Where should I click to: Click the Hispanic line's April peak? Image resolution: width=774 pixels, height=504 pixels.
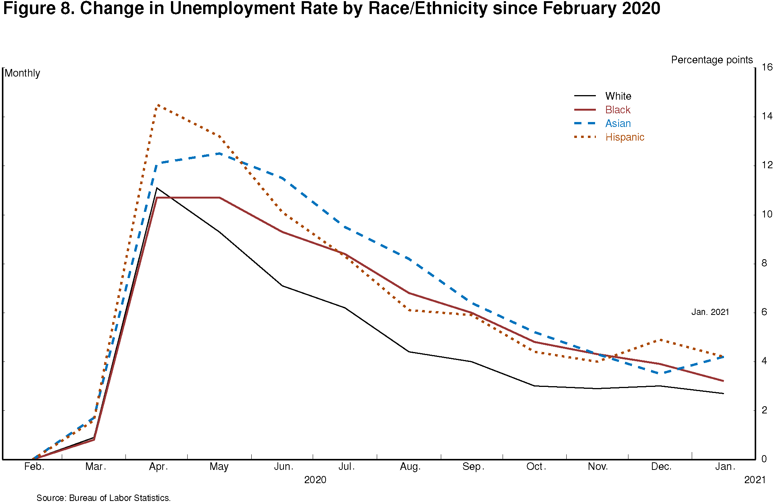pos(157,105)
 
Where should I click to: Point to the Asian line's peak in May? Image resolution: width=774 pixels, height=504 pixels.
pos(220,153)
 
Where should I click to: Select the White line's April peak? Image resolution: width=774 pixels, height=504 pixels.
pos(157,188)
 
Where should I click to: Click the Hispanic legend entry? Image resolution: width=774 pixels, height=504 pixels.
pos(624,137)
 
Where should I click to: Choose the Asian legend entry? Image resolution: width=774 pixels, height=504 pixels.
pos(618,124)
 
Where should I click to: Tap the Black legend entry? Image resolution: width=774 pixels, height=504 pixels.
pos(617,110)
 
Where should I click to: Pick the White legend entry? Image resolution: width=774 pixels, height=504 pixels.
pos(618,96)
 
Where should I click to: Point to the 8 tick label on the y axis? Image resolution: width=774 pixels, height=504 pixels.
pos(764,263)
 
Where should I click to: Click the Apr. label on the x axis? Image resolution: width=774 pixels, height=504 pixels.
pos(158,466)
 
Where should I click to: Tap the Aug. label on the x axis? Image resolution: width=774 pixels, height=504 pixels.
pos(410,466)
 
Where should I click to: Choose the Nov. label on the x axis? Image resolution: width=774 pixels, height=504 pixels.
pos(598,466)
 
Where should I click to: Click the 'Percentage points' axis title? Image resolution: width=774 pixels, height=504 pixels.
pos(711,60)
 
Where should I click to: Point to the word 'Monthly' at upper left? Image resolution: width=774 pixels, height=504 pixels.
pos(22,73)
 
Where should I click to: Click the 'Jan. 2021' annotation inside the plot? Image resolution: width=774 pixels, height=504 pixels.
pos(710,312)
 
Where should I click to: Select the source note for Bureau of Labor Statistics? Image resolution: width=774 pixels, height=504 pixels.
pos(103,498)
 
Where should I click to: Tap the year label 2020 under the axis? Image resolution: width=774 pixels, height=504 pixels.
pos(315,480)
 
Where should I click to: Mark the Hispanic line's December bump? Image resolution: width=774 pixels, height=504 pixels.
pos(661,340)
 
